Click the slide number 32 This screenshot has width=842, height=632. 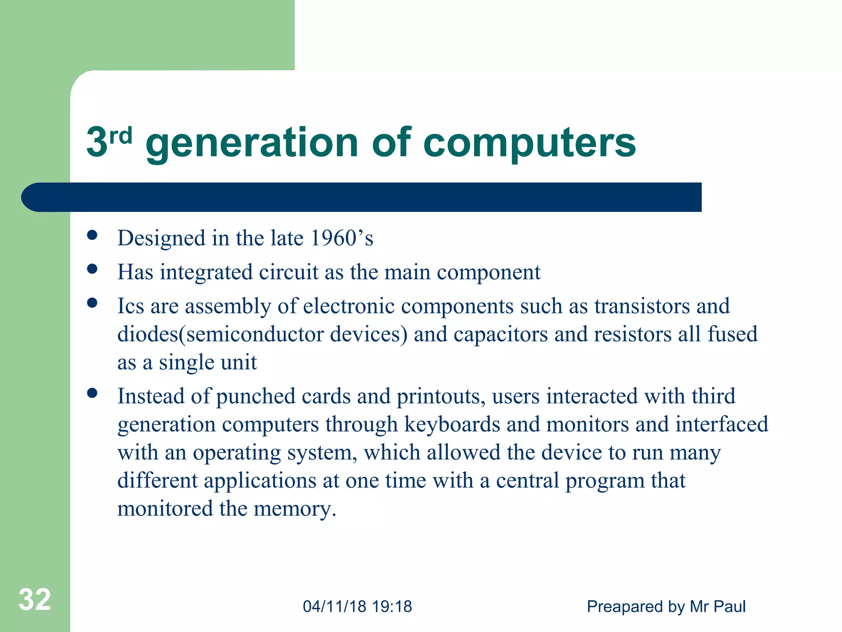(35, 599)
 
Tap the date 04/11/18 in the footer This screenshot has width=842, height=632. (335, 606)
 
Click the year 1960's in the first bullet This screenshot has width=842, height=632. (342, 238)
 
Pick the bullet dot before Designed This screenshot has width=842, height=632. (93, 235)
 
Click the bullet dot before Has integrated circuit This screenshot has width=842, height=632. (93, 269)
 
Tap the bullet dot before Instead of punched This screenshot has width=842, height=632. (93, 393)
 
